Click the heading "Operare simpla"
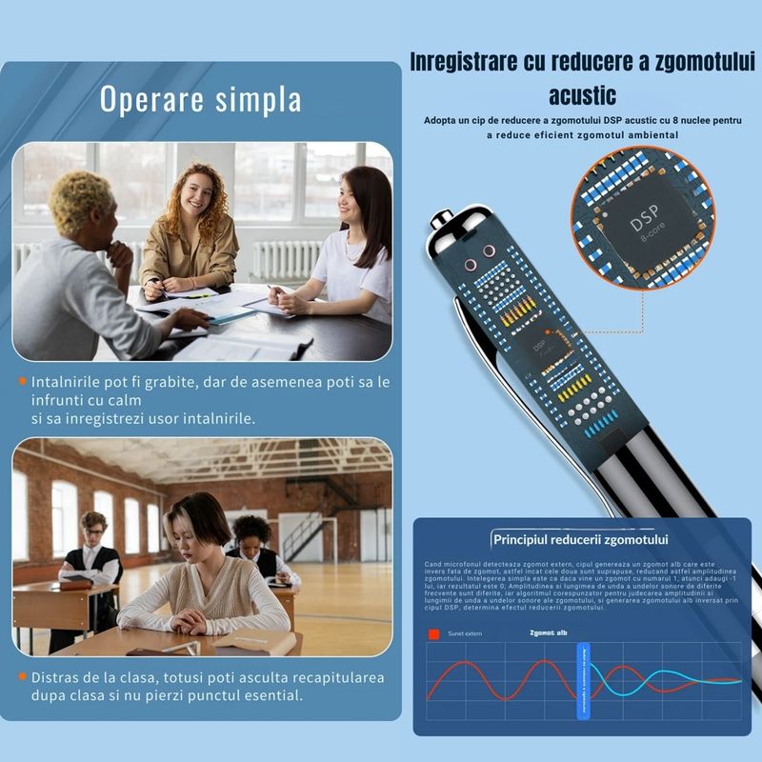201,99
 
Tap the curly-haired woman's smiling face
197,194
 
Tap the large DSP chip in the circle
649,228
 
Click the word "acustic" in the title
582,95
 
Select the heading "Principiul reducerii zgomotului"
581,540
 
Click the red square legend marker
433,632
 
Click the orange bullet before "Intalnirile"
22,382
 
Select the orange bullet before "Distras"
22,677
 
